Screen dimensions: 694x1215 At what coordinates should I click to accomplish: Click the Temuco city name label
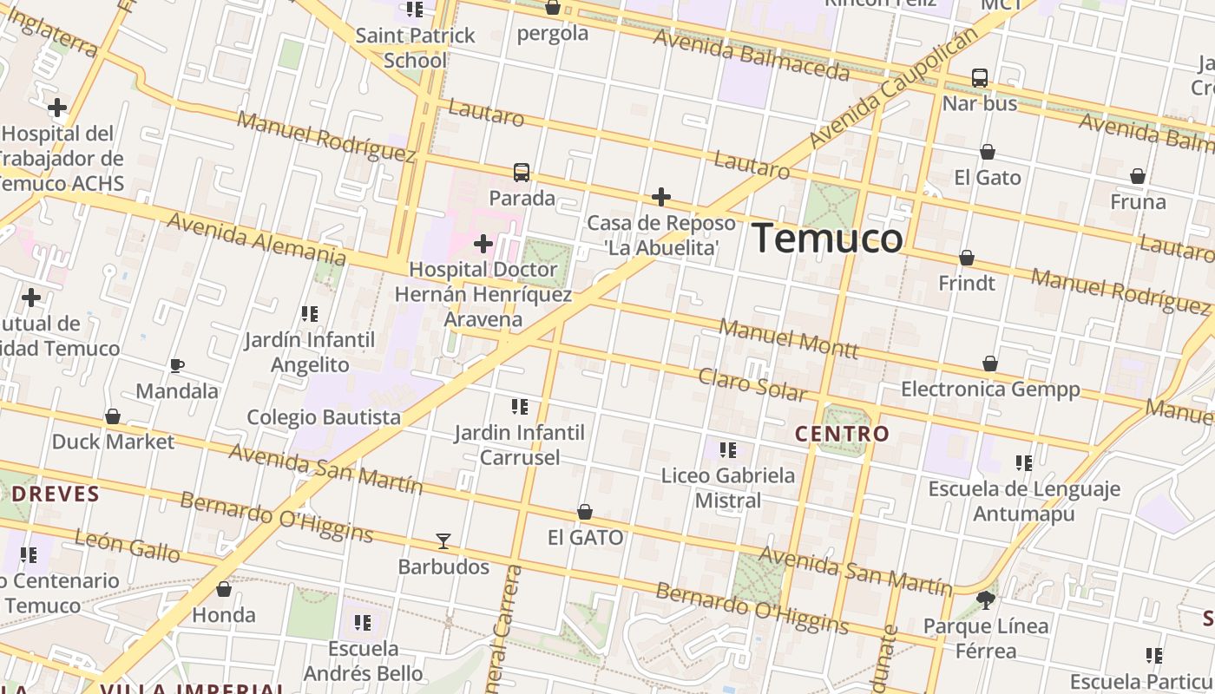[x=826, y=239]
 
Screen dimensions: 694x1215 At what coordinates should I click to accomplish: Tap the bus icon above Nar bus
[x=980, y=78]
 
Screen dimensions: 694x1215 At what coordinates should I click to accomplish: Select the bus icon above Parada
[x=521, y=173]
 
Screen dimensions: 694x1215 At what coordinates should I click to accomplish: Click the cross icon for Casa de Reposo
[x=661, y=197]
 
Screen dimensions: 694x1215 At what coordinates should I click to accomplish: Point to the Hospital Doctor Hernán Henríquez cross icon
[x=483, y=244]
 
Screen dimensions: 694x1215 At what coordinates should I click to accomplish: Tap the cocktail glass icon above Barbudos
[x=443, y=541]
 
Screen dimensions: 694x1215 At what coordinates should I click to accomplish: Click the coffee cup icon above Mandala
[x=177, y=365]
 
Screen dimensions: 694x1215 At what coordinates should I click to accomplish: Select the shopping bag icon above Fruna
[x=1138, y=177]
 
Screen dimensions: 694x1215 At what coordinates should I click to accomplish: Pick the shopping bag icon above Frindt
[x=967, y=258]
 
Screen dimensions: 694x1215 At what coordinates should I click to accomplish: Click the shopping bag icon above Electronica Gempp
[x=990, y=363]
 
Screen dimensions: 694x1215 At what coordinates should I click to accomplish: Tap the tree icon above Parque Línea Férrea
[x=985, y=599]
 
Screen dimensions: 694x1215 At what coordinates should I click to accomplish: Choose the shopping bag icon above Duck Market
[x=113, y=416]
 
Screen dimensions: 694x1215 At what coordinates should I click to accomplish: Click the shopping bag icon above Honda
[x=224, y=590]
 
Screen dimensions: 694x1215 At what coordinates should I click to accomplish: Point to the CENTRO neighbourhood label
[x=843, y=434]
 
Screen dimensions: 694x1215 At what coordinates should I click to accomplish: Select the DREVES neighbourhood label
[x=56, y=494]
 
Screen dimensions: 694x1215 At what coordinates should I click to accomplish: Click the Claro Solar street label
[x=752, y=384]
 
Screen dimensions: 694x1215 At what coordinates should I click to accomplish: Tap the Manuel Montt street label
[x=789, y=339]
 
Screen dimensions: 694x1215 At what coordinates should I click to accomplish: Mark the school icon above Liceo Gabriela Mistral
[x=728, y=450]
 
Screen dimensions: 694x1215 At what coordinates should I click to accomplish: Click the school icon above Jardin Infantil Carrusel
[x=520, y=407]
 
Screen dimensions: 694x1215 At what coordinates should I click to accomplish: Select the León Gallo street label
[x=128, y=547]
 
